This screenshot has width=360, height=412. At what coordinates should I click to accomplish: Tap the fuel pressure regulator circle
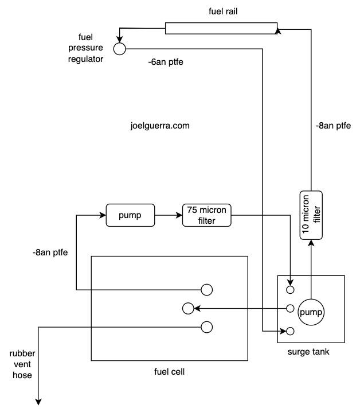[x=119, y=49]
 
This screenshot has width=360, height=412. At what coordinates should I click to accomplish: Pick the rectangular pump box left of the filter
[x=130, y=216]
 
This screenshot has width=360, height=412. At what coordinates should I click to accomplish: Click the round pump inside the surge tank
[x=311, y=312]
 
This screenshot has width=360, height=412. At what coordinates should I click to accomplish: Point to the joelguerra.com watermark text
[x=160, y=125]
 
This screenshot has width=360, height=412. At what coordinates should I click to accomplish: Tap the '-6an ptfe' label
[x=165, y=61]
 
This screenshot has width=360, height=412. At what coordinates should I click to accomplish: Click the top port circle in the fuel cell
[x=206, y=289]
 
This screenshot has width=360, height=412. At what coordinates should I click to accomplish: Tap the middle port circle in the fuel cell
[x=188, y=309]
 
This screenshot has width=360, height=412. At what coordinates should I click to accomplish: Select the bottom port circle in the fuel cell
[x=206, y=327]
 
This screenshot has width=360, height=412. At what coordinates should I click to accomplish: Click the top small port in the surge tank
[x=290, y=289]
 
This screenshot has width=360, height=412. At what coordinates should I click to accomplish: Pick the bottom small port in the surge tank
[x=290, y=331]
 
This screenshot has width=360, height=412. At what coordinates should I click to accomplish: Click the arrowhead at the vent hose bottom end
[x=38, y=401]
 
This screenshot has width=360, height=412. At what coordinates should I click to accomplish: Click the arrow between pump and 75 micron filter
[x=169, y=216]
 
